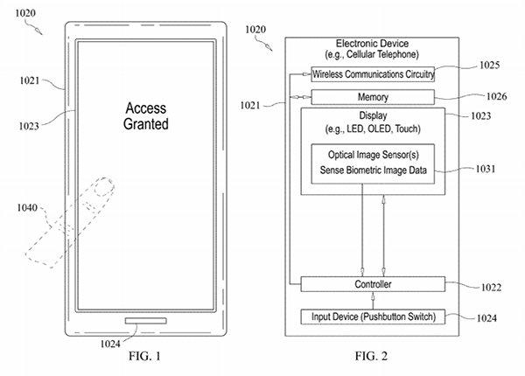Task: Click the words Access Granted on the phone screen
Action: coord(146,116)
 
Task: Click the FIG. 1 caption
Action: coord(139,357)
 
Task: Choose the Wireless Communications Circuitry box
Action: coord(373,73)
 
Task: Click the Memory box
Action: coord(373,97)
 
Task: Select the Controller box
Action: coord(373,285)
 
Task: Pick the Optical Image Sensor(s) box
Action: coord(373,164)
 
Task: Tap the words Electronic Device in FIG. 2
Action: coord(372,44)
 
